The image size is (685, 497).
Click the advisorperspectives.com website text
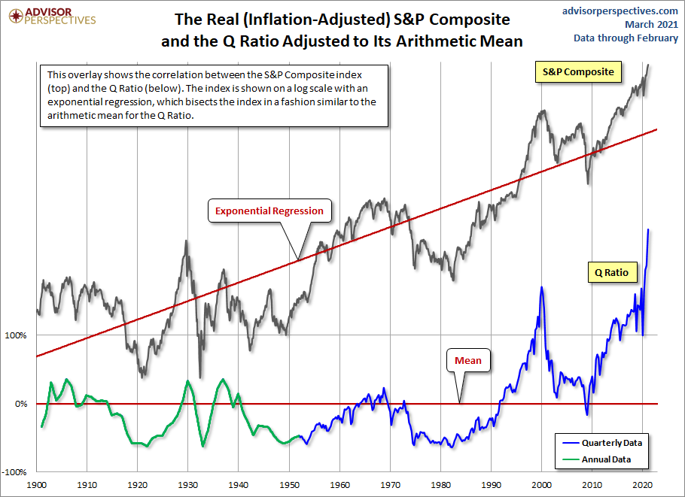(x=620, y=11)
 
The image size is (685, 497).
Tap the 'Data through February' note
(x=626, y=38)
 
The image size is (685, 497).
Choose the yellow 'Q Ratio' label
(x=611, y=271)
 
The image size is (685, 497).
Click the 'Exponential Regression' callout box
(x=269, y=211)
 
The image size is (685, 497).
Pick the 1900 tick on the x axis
(x=37, y=486)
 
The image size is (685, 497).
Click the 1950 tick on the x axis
(x=289, y=486)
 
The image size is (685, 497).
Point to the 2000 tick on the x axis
(x=541, y=486)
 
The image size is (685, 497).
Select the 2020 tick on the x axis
(x=642, y=486)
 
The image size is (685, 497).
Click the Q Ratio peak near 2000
(x=542, y=287)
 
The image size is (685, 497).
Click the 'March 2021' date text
(x=646, y=24)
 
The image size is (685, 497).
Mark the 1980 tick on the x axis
(x=440, y=486)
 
